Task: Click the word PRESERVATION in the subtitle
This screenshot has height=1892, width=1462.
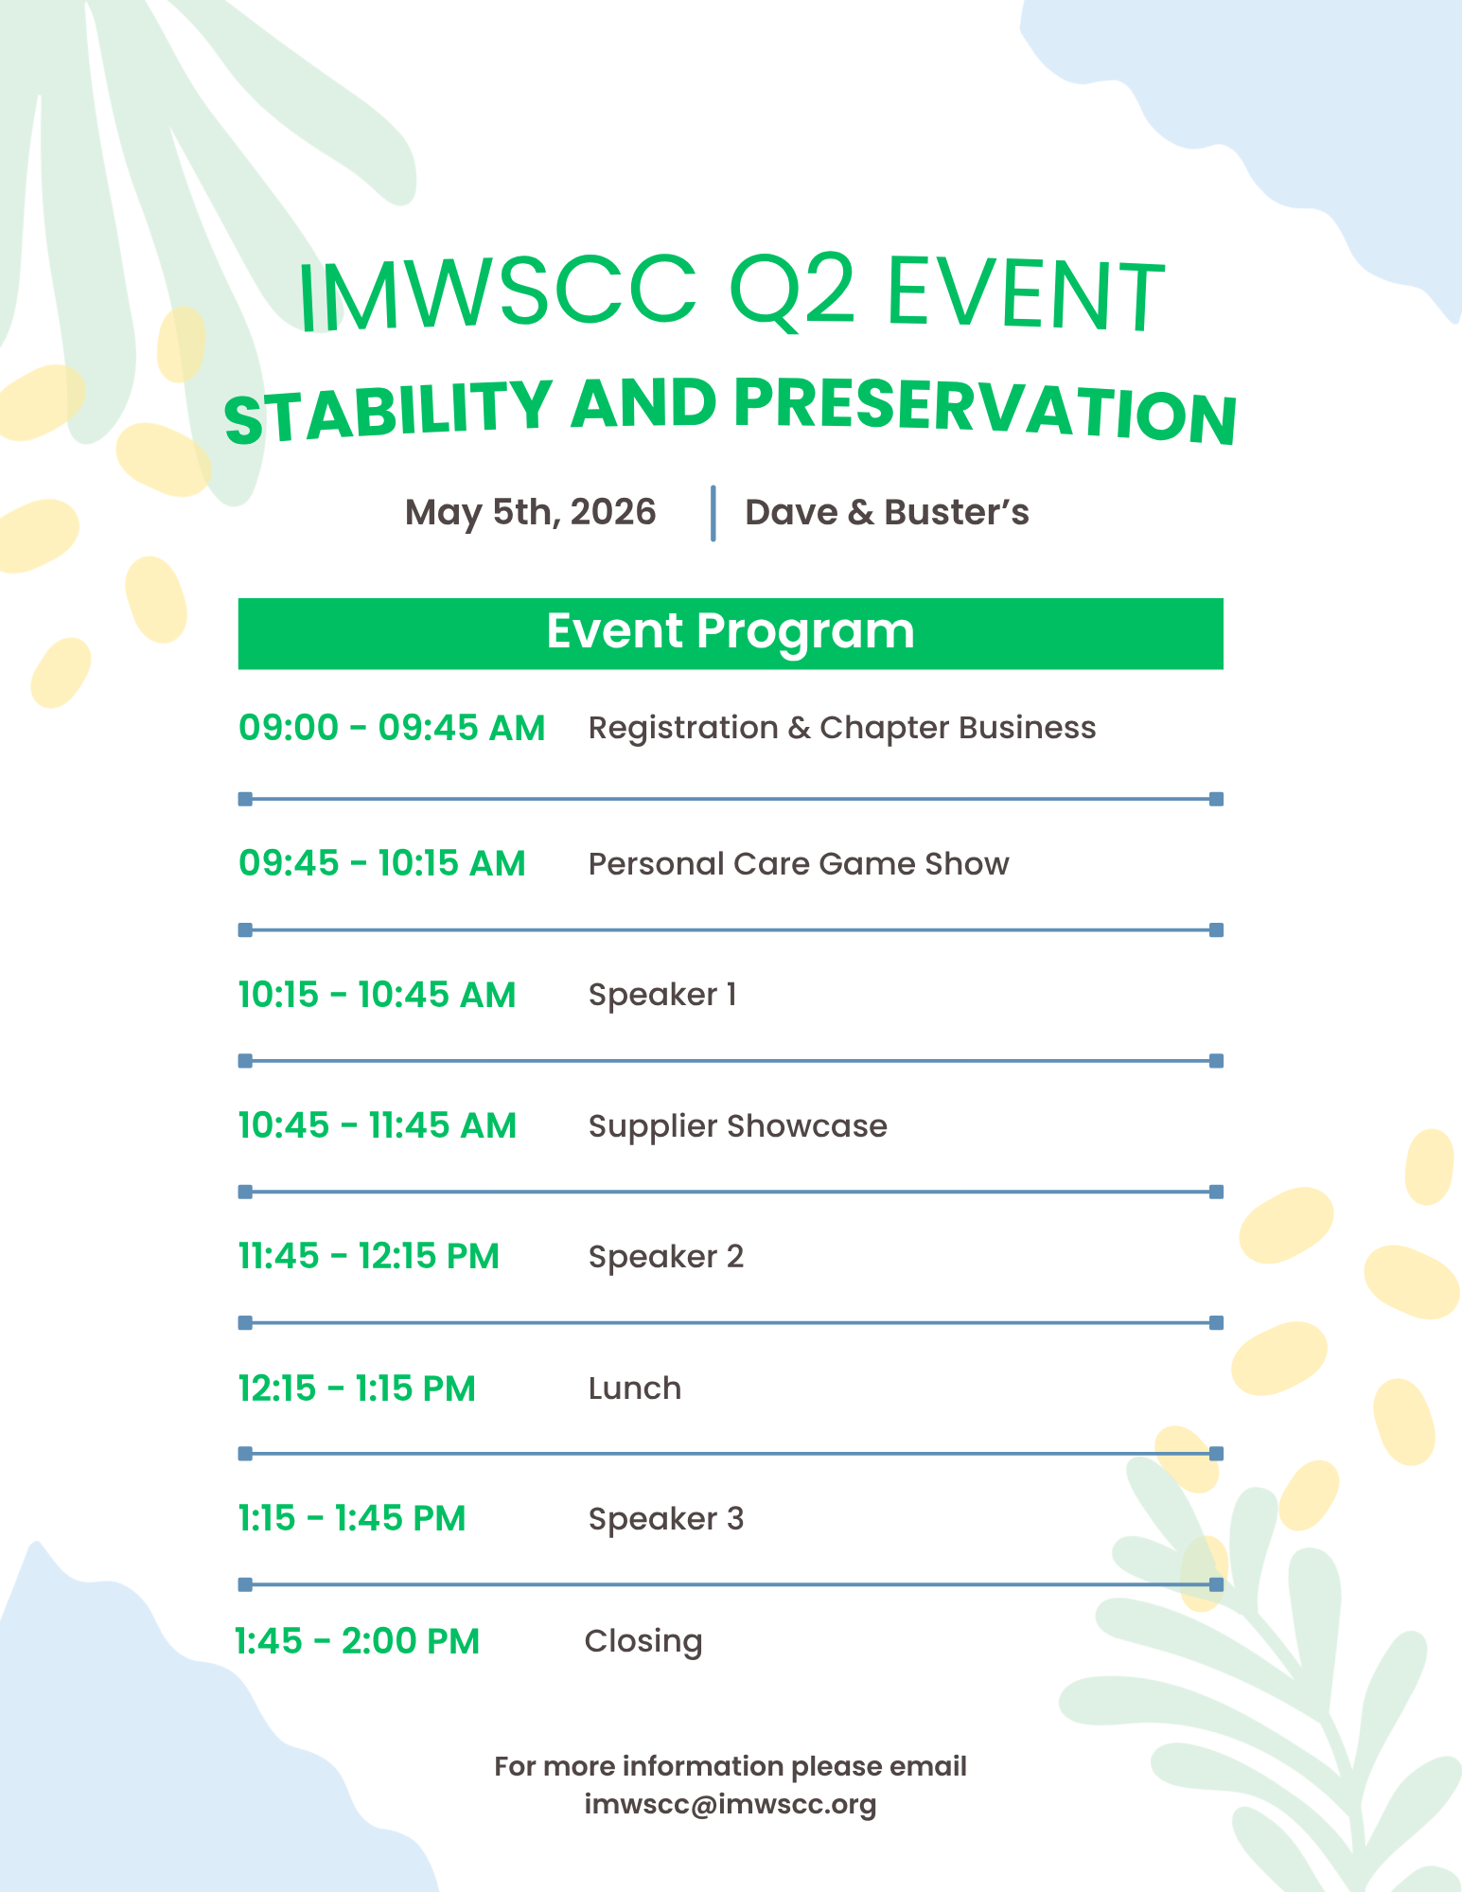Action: point(984,409)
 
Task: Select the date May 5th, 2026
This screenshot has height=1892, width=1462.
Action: point(530,512)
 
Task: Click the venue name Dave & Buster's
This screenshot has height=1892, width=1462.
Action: point(887,512)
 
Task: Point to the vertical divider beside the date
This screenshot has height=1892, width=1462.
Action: point(713,513)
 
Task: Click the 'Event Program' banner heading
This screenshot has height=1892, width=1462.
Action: point(731,631)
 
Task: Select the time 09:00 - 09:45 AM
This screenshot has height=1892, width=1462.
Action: point(392,728)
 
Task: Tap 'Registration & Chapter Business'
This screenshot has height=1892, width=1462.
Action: point(841,728)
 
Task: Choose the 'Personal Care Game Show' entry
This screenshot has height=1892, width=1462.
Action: point(798,863)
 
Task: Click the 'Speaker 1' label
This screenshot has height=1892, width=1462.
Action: point(661,995)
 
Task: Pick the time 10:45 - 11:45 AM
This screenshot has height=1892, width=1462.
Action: point(377,1125)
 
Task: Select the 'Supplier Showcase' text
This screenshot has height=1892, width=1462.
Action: point(737,1125)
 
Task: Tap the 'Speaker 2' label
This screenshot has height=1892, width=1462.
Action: point(665,1257)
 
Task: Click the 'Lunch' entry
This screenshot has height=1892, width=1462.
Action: point(634,1388)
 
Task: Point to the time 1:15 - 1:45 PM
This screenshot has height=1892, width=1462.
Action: point(351,1518)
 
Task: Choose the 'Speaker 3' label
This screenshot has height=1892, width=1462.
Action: point(665,1518)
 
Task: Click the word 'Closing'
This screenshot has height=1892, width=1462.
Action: point(643,1641)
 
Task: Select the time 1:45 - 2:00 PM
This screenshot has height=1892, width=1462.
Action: point(357,1641)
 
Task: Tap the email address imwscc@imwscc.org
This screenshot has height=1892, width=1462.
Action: point(730,1804)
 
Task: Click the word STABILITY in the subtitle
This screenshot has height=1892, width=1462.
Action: point(388,413)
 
